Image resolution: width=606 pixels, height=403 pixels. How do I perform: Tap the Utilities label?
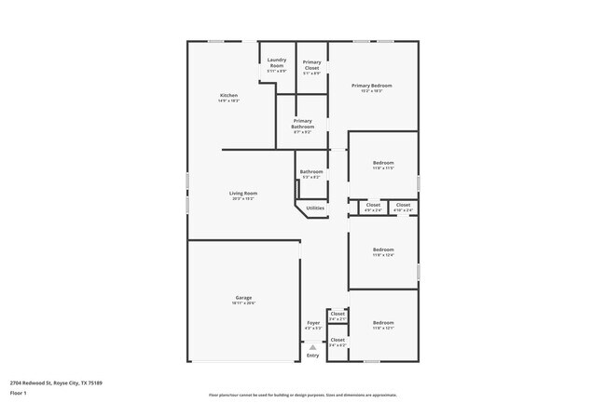[315, 208]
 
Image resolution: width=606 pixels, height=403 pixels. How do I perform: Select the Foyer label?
[313, 325]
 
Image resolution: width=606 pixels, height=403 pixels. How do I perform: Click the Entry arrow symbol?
[313, 347]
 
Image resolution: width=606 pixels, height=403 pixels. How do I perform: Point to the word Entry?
[313, 356]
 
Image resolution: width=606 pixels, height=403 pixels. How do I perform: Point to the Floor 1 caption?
[19, 394]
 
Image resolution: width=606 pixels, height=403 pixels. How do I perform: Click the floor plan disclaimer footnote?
[303, 395]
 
